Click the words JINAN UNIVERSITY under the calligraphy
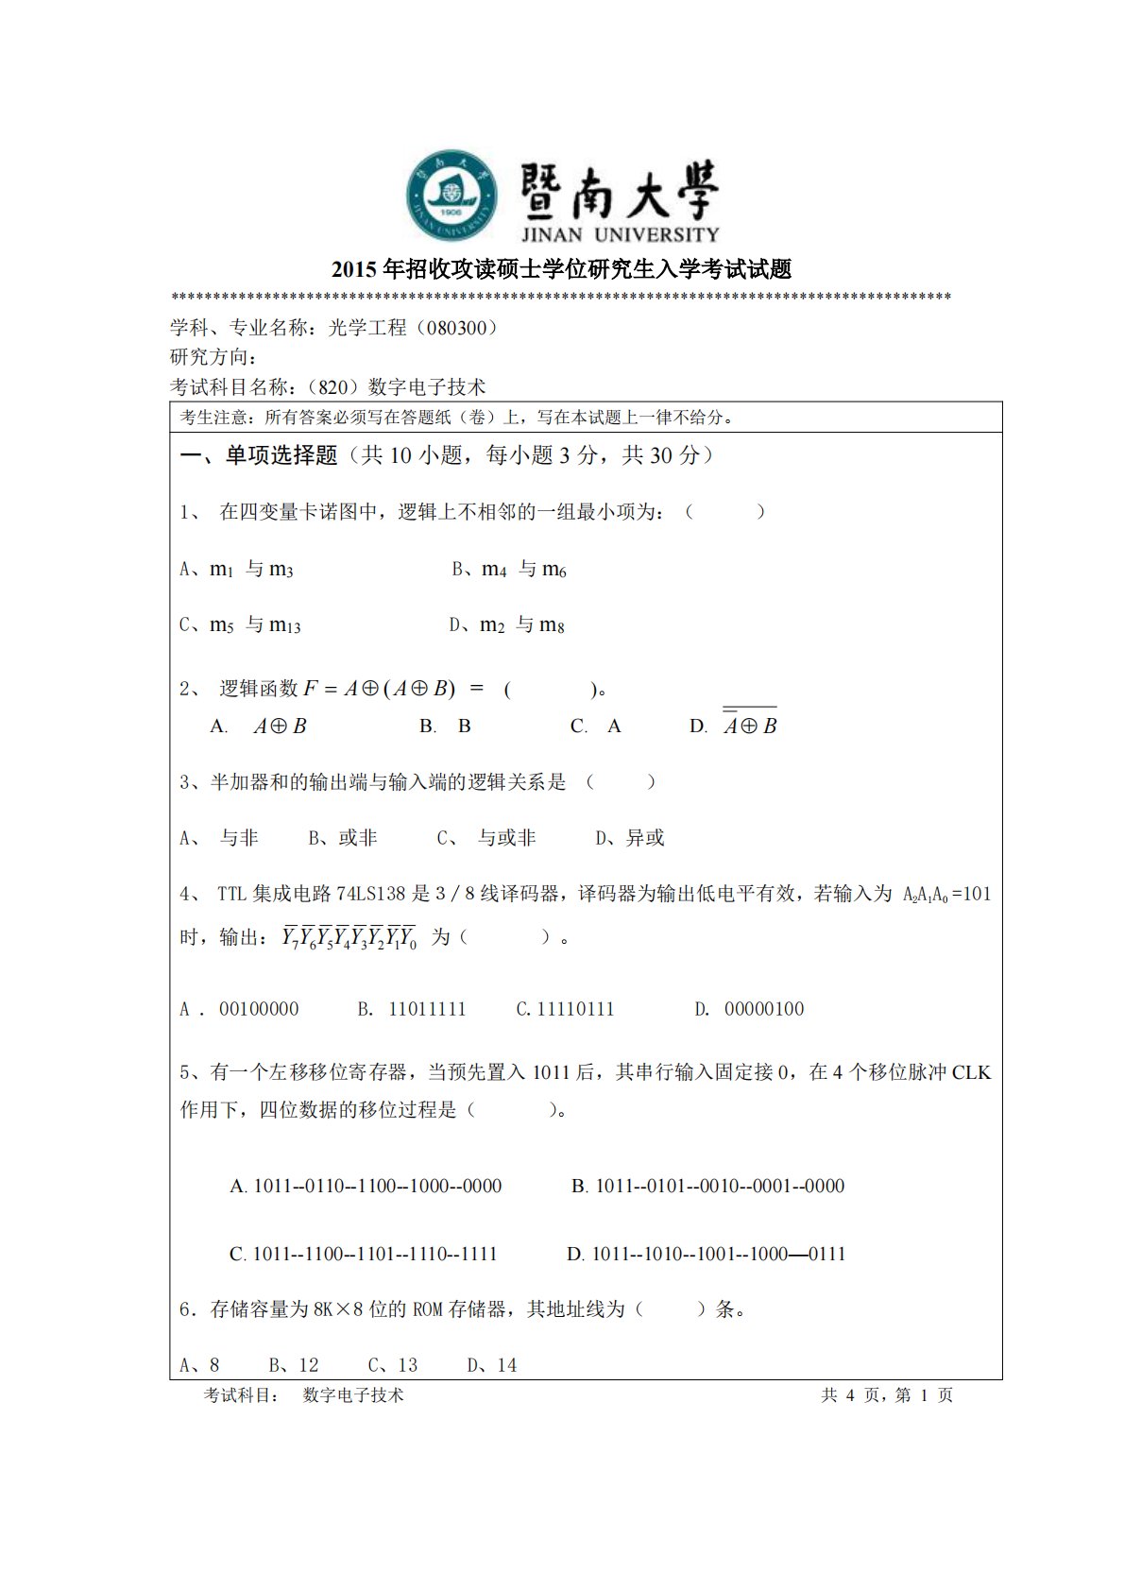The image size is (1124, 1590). click(x=620, y=234)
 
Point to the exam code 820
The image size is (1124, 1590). click(x=333, y=386)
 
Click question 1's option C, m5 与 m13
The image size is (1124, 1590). click(x=241, y=624)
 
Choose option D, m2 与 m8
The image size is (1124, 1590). click(x=507, y=624)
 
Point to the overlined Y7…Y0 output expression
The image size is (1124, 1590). click(x=349, y=937)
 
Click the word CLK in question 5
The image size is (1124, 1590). click(x=971, y=1072)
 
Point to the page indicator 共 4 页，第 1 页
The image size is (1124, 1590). click(x=887, y=1394)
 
